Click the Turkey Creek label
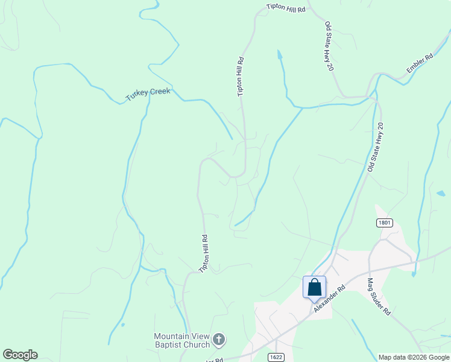point(148,94)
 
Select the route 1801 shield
point(384,223)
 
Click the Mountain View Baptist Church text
point(181,340)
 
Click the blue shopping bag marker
point(314,287)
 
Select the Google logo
point(20,355)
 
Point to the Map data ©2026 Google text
point(413,357)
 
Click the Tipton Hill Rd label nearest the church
point(205,253)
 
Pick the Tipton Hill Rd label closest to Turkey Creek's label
point(241,77)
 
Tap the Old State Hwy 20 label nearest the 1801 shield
point(374,147)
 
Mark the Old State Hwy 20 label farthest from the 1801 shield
point(329,46)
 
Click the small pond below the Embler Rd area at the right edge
point(441,194)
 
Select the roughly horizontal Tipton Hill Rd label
point(286,10)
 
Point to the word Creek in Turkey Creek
point(159,92)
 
